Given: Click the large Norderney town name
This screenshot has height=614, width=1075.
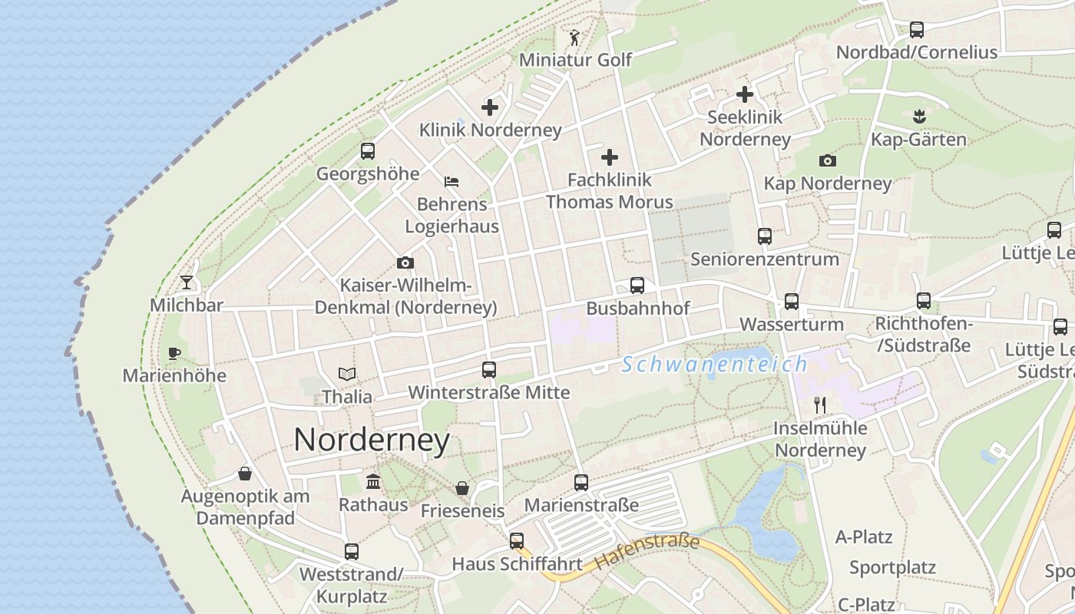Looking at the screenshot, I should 372,441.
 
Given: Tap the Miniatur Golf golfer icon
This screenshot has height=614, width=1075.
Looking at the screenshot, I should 574,37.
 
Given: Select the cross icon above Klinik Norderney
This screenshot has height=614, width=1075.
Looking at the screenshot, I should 490,107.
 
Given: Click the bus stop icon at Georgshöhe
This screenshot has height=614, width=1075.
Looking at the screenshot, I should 368,151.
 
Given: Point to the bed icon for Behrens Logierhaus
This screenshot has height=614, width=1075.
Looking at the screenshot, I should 451,182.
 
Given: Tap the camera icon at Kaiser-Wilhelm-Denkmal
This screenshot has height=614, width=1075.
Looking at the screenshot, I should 405,263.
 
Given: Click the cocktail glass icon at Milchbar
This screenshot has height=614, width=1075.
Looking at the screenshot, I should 187,282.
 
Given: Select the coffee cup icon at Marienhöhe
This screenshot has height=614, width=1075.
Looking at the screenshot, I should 174,353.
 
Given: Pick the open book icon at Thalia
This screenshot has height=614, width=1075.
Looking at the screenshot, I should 347,375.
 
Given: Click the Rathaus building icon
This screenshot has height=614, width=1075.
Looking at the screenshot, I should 373,482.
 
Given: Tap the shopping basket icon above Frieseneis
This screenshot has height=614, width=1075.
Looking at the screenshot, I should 462,488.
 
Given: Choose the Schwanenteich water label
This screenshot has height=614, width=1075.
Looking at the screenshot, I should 715,365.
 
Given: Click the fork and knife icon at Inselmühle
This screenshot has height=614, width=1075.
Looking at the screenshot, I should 820,405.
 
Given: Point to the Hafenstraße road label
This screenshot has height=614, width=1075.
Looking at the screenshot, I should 647,553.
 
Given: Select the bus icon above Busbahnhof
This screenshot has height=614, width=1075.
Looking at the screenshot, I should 637,286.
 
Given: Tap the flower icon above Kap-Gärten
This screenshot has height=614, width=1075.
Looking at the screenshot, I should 918,117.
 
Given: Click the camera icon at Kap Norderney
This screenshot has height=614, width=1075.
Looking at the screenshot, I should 827,161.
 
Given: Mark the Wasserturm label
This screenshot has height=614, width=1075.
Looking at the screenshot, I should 792,324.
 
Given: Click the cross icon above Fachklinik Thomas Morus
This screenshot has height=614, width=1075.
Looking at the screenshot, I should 610,157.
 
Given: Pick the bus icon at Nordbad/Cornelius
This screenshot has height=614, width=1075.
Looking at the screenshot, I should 916,30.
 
